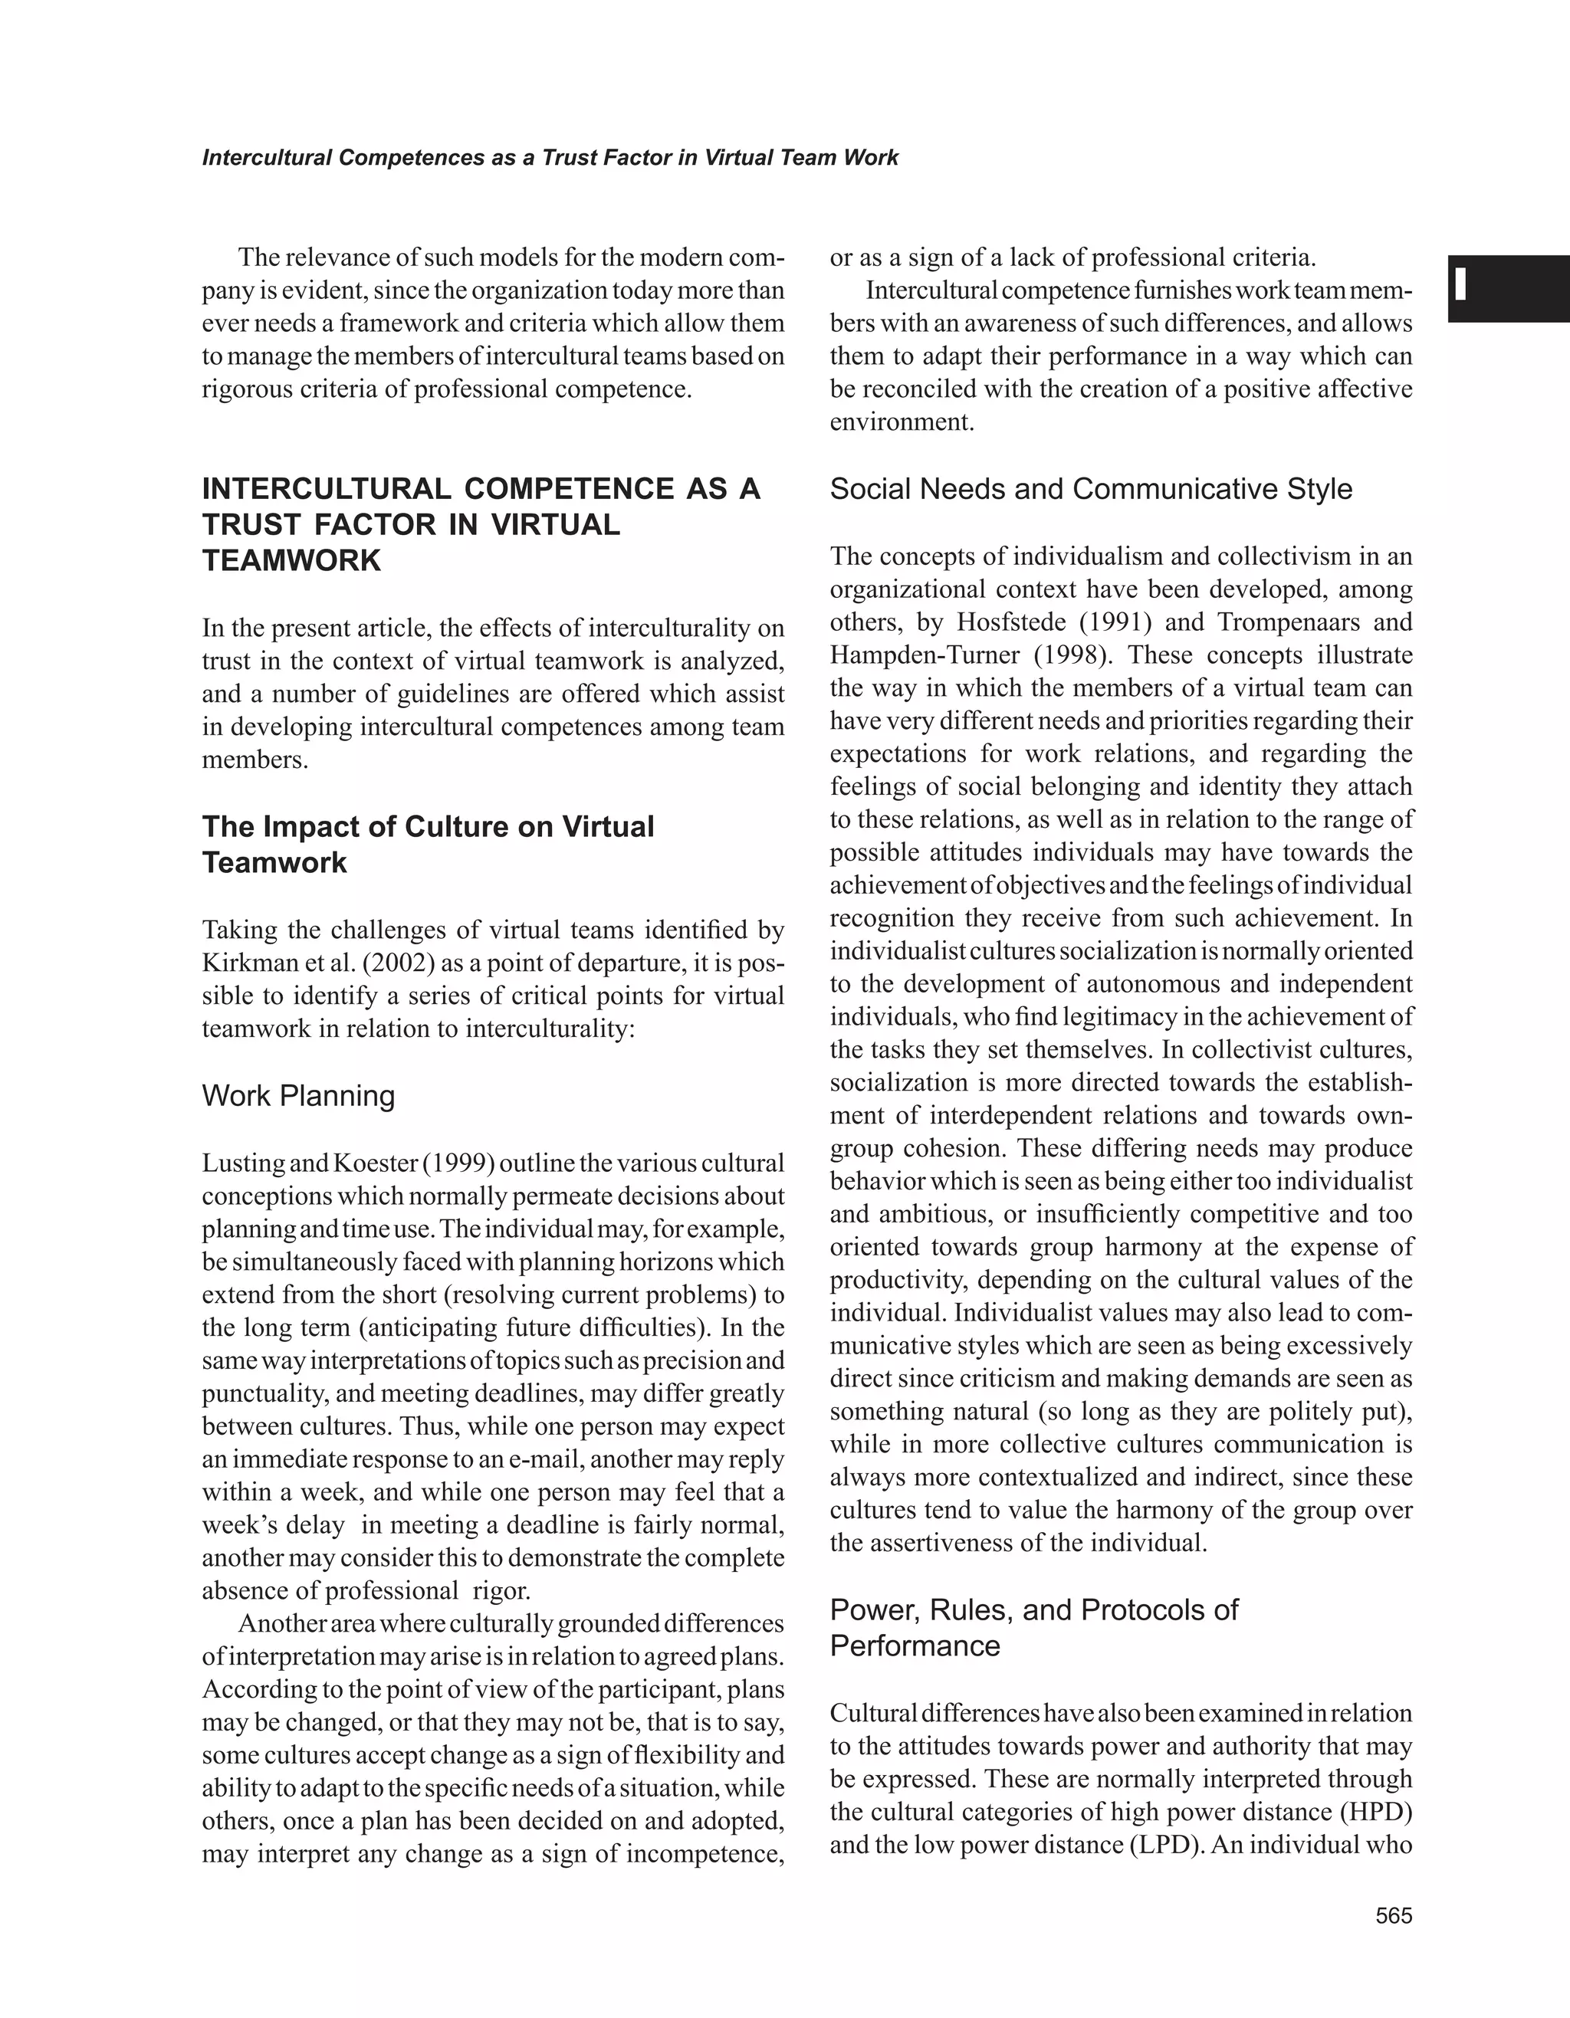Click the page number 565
[1394, 1916]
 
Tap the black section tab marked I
[1508, 288]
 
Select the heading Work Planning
[297, 1096]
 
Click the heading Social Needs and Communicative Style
[1090, 489]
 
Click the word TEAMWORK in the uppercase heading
[291, 560]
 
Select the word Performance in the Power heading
[915, 1646]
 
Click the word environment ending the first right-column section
[901, 422]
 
